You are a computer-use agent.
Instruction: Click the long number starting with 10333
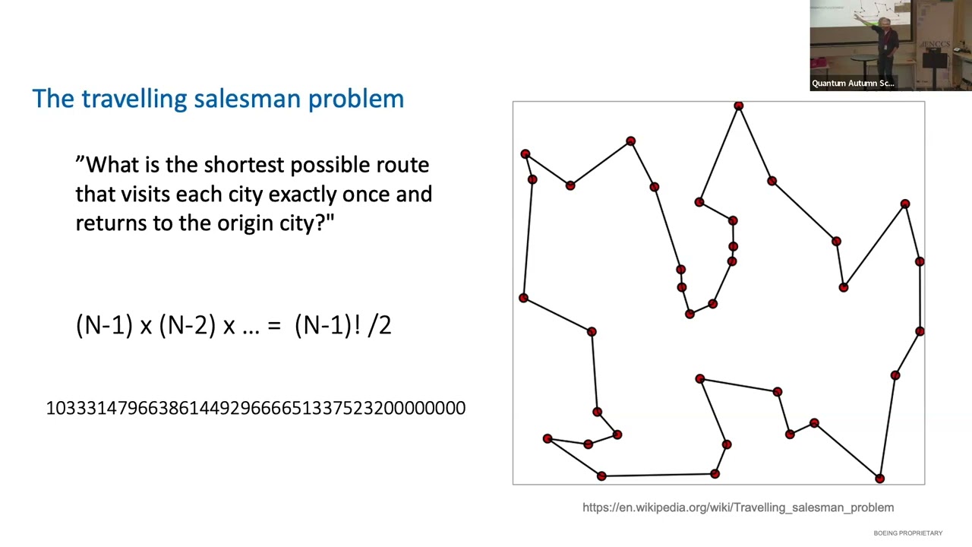pos(255,408)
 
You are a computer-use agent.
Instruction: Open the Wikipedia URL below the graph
pos(737,507)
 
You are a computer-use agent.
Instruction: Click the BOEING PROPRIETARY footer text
pos(907,533)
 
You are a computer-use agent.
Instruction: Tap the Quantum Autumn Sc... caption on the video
pos(853,84)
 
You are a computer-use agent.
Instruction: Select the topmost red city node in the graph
pos(738,106)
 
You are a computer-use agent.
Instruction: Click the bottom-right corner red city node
pos(879,479)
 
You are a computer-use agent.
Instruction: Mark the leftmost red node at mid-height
pos(523,298)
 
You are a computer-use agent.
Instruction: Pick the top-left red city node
pos(525,154)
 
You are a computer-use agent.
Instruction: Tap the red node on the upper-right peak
pos(904,204)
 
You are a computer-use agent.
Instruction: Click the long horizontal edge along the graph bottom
pos(658,476)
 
